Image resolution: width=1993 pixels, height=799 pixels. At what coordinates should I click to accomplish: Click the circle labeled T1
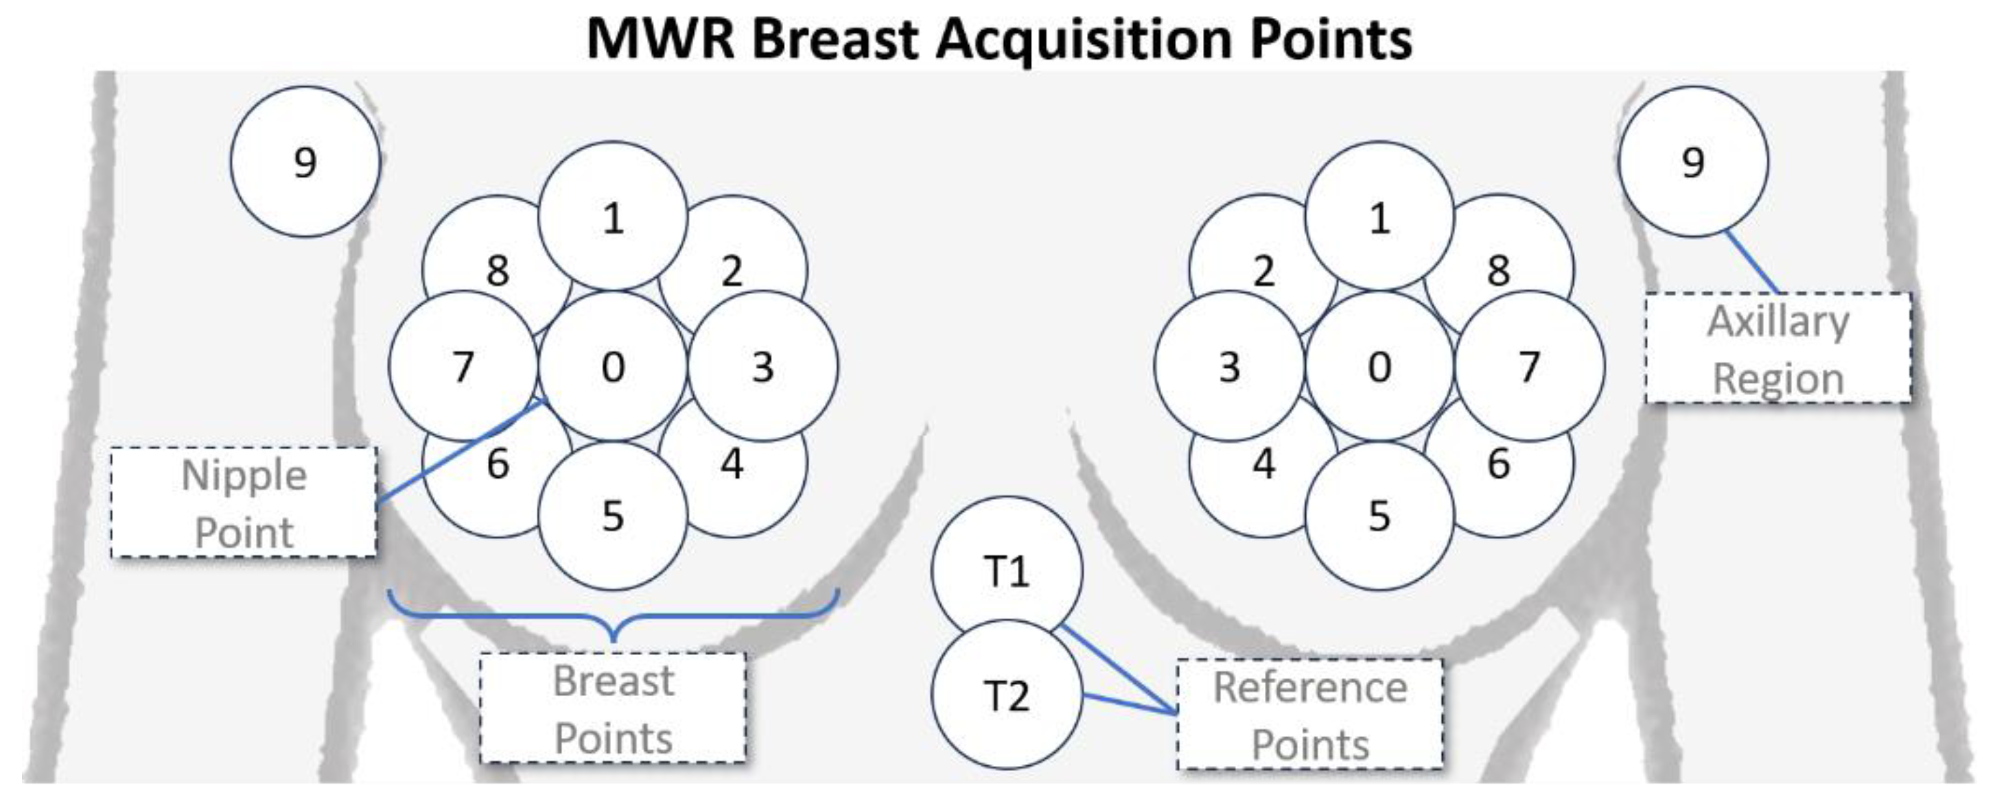[1007, 571]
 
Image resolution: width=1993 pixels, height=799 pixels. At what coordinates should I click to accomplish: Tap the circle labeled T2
[1006, 695]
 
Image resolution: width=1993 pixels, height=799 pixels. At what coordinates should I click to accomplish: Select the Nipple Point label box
[244, 503]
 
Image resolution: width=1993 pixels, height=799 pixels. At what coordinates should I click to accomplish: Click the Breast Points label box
[613, 708]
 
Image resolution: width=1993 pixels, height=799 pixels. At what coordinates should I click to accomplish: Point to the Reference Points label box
[1310, 715]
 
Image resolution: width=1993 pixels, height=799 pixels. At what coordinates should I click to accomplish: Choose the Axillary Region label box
[1778, 348]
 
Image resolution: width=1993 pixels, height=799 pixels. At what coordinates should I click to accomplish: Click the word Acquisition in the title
[1083, 38]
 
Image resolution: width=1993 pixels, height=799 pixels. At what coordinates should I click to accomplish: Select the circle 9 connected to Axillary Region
[1693, 161]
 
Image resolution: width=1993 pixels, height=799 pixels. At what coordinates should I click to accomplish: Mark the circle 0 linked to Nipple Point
[613, 366]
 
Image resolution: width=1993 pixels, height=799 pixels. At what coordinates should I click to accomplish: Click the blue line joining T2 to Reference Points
[1130, 704]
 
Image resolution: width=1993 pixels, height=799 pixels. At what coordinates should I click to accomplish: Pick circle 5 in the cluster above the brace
[613, 515]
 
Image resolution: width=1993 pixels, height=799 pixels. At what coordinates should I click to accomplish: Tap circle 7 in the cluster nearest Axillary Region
[1530, 366]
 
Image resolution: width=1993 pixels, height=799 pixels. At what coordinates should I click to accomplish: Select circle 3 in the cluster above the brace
[763, 366]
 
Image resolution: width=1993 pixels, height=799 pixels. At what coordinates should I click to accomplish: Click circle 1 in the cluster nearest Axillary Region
[1379, 217]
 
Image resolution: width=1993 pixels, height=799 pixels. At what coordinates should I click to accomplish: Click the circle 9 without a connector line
[305, 161]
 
